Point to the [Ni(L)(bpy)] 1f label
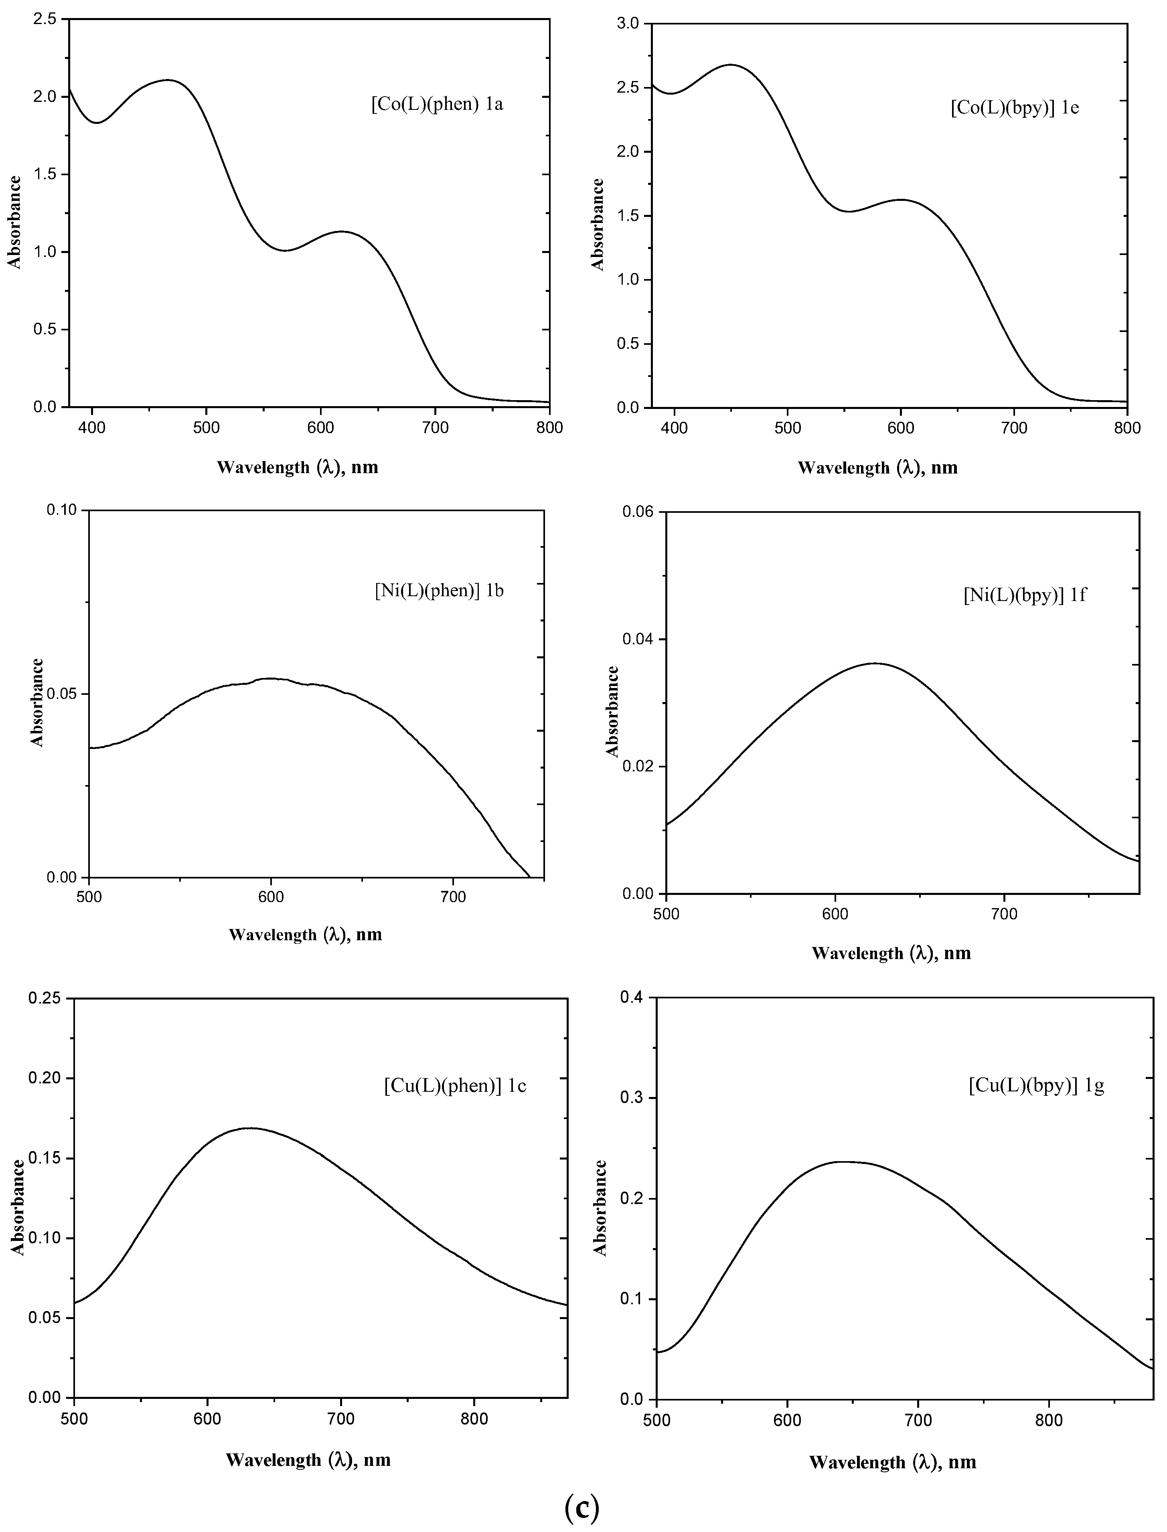pos(1024,595)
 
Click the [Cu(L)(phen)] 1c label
pos(455,1085)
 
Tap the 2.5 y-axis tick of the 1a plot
pos(45,19)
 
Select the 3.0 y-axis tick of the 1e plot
pos(629,24)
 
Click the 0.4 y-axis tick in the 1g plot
pos(634,998)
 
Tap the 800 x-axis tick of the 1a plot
pos(549,427)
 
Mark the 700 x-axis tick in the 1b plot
pos(453,897)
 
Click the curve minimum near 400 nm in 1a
pos(97,123)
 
